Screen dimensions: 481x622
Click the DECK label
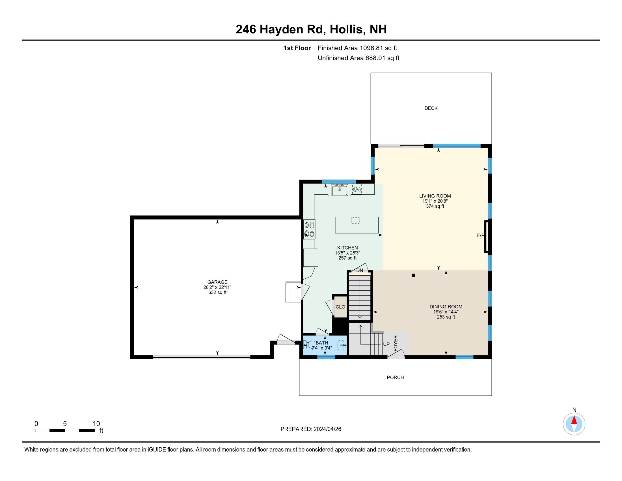(x=431, y=108)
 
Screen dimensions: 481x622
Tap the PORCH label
(x=395, y=377)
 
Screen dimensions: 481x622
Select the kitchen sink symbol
(x=340, y=190)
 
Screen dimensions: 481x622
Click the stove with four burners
(x=309, y=229)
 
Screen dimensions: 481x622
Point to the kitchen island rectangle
(x=357, y=225)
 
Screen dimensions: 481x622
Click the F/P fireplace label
(x=480, y=235)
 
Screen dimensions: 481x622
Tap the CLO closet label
(x=340, y=307)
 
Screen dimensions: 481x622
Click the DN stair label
(x=360, y=270)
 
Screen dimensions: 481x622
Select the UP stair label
(x=386, y=344)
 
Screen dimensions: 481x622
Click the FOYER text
(x=396, y=343)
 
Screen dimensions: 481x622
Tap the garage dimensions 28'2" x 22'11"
(x=217, y=287)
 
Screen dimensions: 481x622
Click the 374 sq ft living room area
(x=435, y=206)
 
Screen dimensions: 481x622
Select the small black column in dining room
(x=413, y=275)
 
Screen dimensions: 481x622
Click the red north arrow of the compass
(x=574, y=420)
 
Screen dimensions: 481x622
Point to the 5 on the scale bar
(x=65, y=424)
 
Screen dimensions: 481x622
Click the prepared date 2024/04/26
(x=327, y=429)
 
